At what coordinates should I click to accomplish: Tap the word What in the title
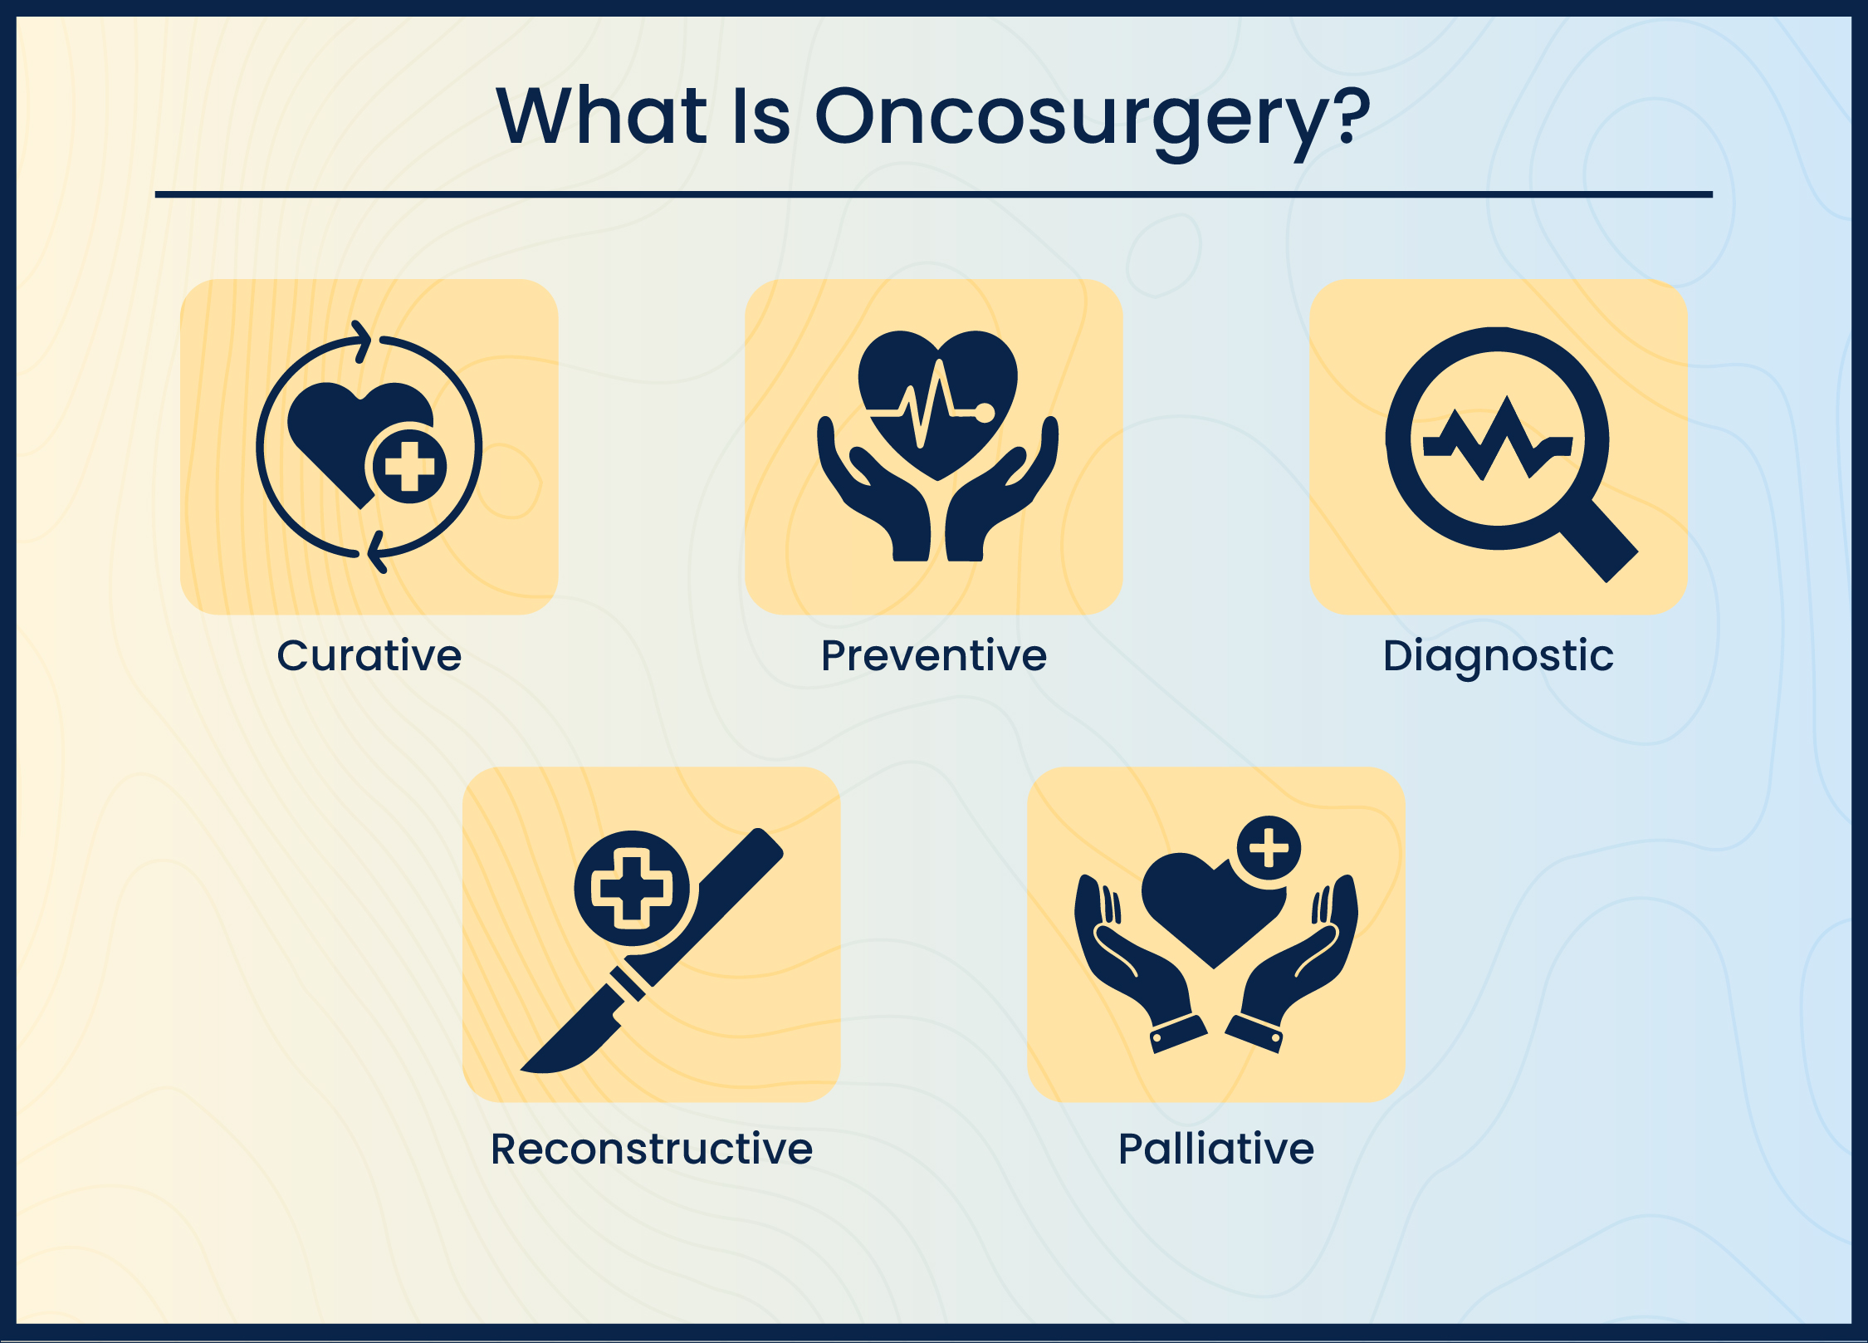(601, 115)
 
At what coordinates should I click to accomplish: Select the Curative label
(369, 655)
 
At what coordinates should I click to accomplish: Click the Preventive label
(934, 655)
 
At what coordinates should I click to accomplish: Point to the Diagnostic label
(1498, 655)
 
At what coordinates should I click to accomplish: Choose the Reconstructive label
(652, 1149)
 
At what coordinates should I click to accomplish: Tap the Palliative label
(1216, 1149)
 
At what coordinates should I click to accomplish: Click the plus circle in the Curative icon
(409, 466)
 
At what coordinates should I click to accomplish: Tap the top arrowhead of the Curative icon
(362, 340)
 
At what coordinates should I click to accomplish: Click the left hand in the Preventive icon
(872, 498)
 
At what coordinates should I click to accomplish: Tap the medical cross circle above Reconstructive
(632, 888)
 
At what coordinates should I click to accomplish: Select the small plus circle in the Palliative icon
(1269, 848)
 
